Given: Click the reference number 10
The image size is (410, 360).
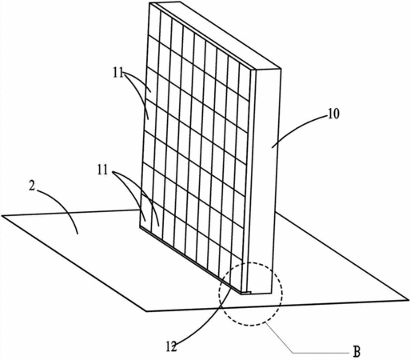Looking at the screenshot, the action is (x=333, y=114).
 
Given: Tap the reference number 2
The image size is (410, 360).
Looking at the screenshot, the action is (x=32, y=186).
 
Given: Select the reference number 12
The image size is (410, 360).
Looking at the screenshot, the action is (x=171, y=346).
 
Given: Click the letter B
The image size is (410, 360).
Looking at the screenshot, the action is (x=356, y=351).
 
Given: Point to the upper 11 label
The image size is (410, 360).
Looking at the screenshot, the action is (x=118, y=72).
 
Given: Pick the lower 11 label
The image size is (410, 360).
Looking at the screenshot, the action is (x=102, y=170).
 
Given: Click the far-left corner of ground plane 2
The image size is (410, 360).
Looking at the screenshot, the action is (x=2, y=215).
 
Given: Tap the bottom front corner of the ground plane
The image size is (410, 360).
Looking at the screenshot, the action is (x=146, y=311).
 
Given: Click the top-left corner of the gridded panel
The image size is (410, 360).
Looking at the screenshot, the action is (x=149, y=3).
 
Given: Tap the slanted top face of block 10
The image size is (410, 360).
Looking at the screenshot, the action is (x=216, y=34).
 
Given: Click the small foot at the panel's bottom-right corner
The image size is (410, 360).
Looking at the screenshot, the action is (x=246, y=293).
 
